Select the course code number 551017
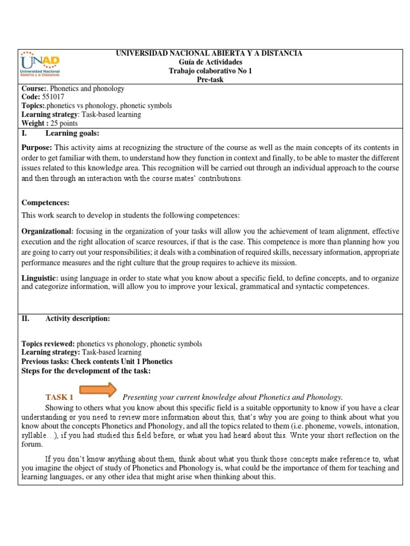pyautogui.click(x=52, y=97)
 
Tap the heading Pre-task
pyautogui.click(x=209, y=79)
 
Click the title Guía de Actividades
pyautogui.click(x=209, y=62)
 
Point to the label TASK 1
pyautogui.click(x=59, y=397)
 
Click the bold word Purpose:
pyautogui.click(x=37, y=147)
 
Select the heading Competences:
pyautogui.click(x=45, y=203)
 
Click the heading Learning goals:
pyautogui.click(x=72, y=133)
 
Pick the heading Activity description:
pyautogui.click(x=77, y=318)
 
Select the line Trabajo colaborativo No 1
pyautogui.click(x=209, y=71)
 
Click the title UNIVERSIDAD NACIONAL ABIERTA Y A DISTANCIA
pyautogui.click(x=209, y=54)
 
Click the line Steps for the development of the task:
pyautogui.click(x=85, y=370)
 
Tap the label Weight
pyautogui.click(x=33, y=123)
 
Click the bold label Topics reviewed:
pyautogui.click(x=48, y=344)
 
